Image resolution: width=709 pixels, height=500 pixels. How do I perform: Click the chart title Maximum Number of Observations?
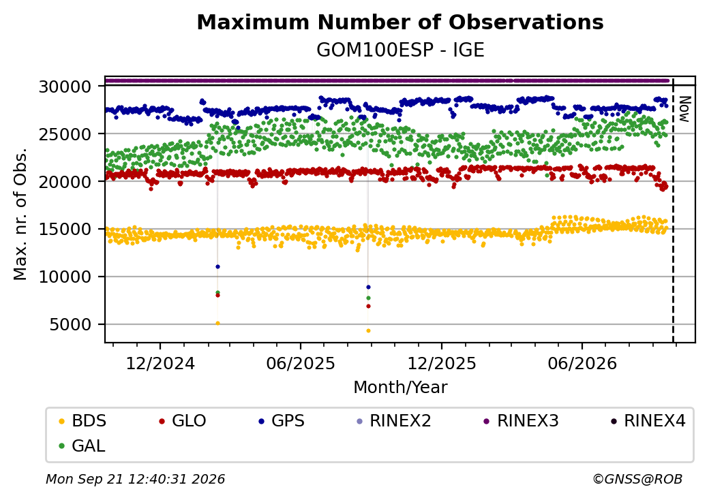tap(400, 22)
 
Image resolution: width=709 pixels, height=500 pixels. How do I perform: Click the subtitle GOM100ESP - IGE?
tap(400, 50)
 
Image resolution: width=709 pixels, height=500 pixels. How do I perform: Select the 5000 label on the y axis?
tap(71, 324)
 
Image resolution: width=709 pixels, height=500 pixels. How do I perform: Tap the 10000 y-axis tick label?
tap(65, 277)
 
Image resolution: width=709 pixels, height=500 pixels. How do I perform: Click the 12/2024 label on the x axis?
tap(160, 363)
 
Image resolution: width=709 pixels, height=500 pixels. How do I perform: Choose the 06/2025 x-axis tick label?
tap(301, 363)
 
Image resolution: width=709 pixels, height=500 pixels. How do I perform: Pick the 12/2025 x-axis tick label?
tap(442, 363)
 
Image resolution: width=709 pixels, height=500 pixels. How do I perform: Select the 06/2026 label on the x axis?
tap(582, 363)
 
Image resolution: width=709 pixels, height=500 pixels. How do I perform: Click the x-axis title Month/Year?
tap(400, 388)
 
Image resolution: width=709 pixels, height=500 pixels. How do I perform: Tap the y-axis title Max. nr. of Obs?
tap(20, 214)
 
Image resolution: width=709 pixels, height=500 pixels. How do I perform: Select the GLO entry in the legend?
tap(183, 421)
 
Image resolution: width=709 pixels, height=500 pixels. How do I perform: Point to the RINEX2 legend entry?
tap(394, 421)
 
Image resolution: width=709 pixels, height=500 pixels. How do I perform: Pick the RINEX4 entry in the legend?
tap(648, 421)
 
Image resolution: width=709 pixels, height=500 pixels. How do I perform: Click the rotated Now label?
tap(684, 109)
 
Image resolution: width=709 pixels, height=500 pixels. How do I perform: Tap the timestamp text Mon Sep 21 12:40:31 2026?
tap(136, 479)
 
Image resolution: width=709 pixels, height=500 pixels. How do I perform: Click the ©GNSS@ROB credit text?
tap(637, 479)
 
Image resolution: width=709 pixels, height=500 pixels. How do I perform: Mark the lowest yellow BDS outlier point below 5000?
tap(369, 331)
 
